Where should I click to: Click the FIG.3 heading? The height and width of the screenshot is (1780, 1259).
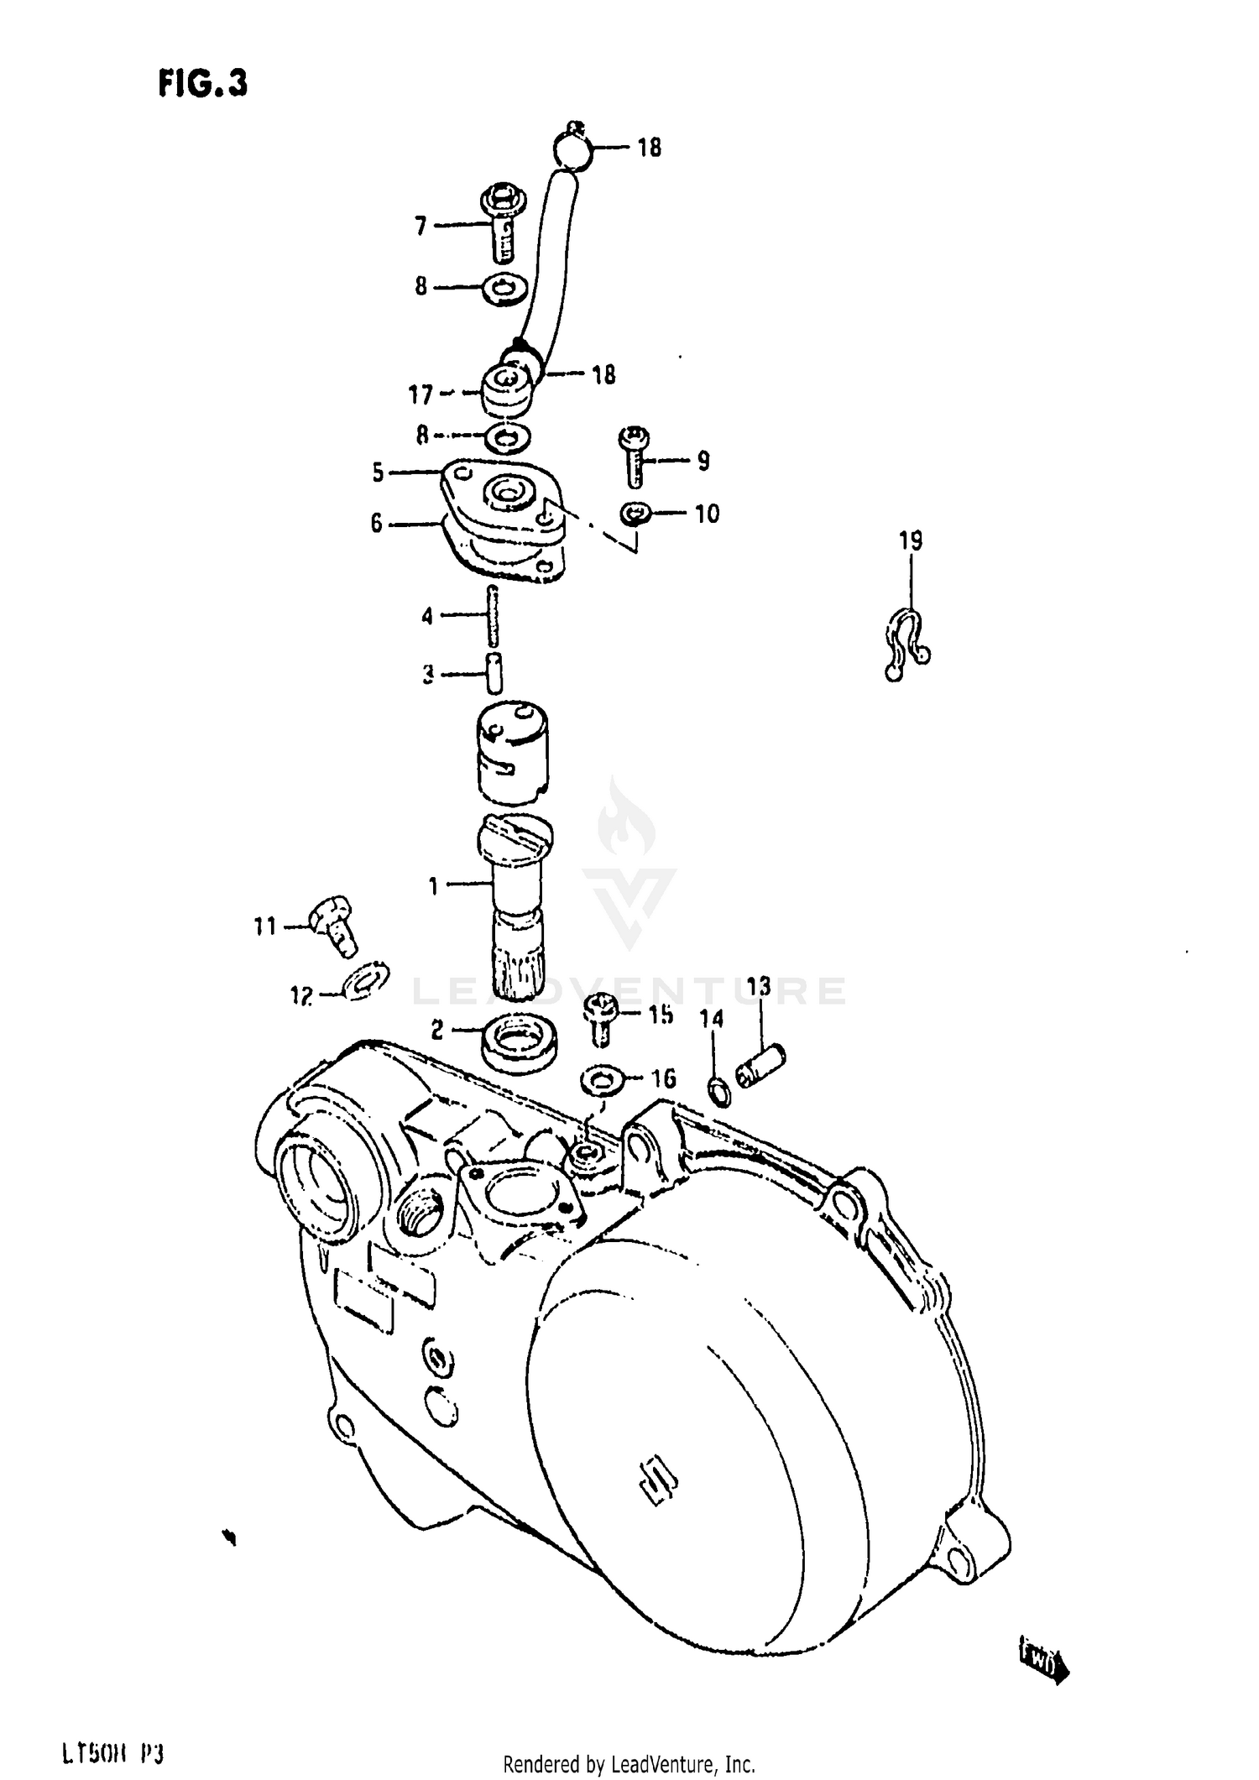click(202, 84)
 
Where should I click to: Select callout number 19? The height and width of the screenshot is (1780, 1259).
click(911, 541)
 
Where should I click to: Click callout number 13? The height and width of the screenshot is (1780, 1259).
click(759, 987)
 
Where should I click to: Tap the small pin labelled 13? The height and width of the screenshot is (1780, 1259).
click(760, 1061)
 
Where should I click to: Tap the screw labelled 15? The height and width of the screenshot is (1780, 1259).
click(600, 1015)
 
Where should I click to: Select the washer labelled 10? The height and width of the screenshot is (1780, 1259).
click(636, 514)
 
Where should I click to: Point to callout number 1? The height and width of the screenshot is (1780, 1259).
click(433, 885)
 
